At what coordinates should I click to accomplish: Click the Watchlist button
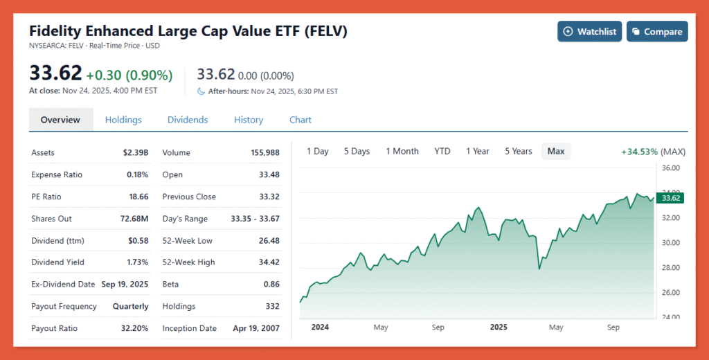click(589, 31)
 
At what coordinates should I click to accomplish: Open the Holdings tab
click(123, 120)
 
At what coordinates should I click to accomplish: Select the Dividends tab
click(188, 120)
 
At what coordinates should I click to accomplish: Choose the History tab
click(249, 120)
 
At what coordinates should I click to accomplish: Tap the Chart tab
click(300, 120)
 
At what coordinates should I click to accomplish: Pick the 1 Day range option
click(318, 151)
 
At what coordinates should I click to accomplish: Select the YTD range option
click(442, 151)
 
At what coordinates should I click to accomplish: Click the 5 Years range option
click(519, 151)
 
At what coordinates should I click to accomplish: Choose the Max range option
click(556, 151)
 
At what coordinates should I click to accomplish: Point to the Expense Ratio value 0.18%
click(137, 174)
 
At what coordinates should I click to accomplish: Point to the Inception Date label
click(189, 328)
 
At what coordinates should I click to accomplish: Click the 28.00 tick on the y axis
click(670, 267)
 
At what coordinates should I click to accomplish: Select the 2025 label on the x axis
click(499, 327)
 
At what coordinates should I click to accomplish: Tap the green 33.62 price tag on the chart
click(670, 198)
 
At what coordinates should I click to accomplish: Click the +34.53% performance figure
click(640, 151)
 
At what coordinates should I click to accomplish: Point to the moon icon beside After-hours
click(201, 91)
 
